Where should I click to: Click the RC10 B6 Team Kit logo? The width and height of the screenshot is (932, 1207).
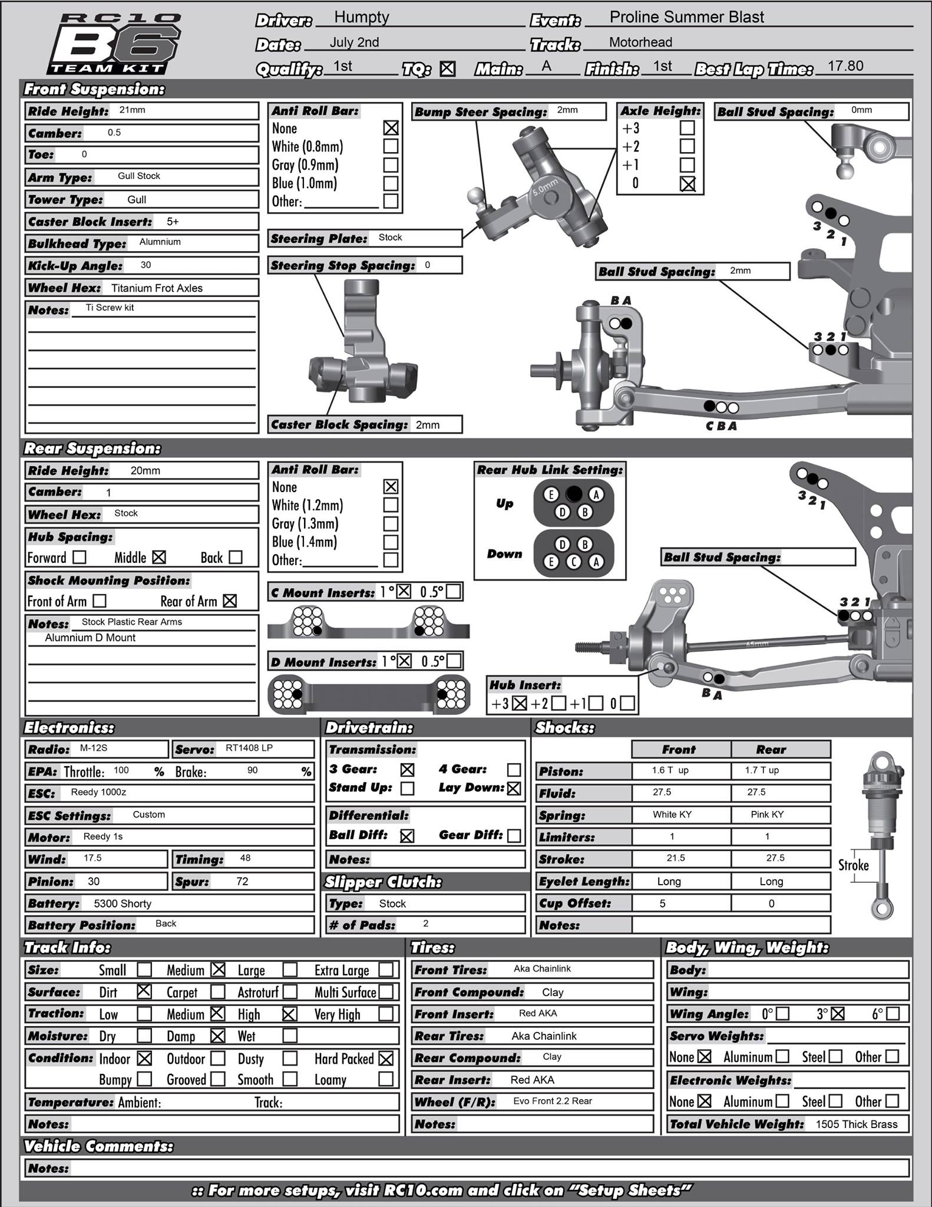(x=113, y=44)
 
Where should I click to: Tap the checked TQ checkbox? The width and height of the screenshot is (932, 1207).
(x=448, y=69)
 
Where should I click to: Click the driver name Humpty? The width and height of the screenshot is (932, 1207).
(x=361, y=18)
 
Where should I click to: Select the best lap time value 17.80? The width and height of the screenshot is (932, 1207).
(x=845, y=66)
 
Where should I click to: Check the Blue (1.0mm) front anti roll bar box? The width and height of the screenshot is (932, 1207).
(x=390, y=183)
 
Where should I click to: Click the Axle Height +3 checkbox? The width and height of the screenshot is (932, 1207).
(x=687, y=128)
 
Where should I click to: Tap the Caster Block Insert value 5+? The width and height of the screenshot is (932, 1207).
(x=173, y=222)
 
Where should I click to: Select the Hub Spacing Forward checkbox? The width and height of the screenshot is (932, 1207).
(x=79, y=557)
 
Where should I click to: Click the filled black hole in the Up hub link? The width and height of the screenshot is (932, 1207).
(x=573, y=494)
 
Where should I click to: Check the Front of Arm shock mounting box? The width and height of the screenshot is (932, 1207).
(x=100, y=601)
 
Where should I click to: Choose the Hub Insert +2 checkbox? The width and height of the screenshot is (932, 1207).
(x=558, y=703)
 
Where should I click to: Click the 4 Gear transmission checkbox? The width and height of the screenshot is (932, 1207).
(x=514, y=770)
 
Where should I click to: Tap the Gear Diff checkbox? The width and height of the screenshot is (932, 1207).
(x=514, y=836)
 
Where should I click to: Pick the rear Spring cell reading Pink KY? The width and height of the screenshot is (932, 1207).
(x=767, y=814)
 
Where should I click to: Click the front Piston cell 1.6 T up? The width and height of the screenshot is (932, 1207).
(x=670, y=770)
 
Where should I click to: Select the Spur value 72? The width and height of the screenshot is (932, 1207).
(x=242, y=882)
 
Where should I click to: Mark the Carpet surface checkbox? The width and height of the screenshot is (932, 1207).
(x=217, y=992)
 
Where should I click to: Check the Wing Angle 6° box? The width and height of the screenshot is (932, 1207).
(x=893, y=1014)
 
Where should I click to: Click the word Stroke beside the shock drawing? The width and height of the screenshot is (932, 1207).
(x=853, y=865)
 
